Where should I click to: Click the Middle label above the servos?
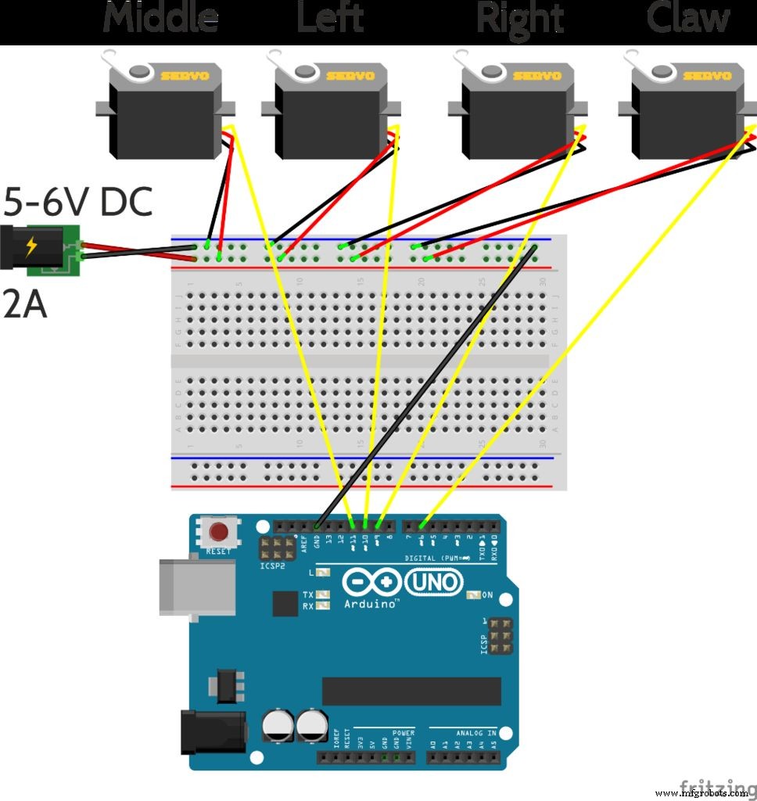160,18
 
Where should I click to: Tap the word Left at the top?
330,18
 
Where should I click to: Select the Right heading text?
519,18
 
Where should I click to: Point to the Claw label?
688,18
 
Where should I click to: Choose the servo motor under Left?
330,117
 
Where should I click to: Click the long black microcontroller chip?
411,691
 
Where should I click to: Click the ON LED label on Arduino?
487,595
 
